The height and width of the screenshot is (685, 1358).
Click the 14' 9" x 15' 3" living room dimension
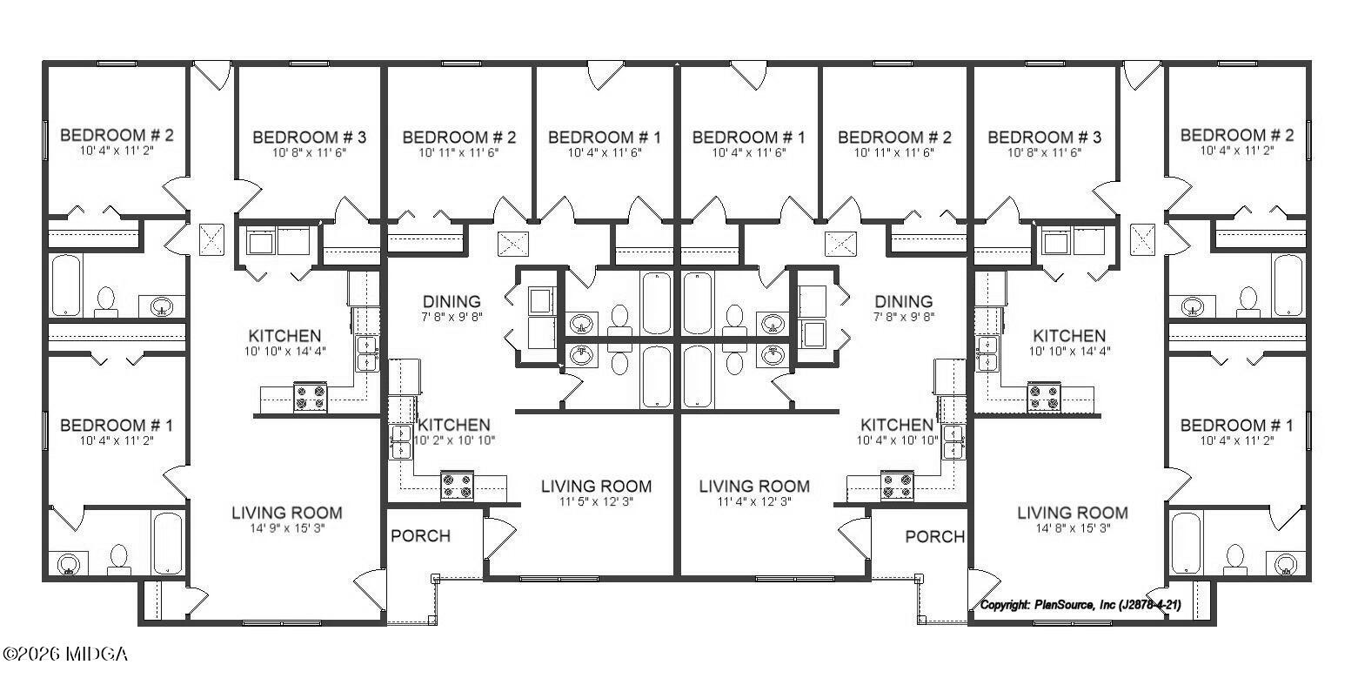coord(286,528)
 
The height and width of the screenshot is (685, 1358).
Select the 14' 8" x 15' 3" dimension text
coord(1072,528)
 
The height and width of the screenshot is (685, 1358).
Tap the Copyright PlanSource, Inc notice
coord(1080,605)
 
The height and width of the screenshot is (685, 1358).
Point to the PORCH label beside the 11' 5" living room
coord(420,536)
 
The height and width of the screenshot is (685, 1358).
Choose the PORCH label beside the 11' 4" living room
coord(934,536)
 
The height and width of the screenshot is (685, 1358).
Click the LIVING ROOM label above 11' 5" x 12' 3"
coord(596,486)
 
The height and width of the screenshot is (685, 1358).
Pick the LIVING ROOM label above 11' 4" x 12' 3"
coord(753,486)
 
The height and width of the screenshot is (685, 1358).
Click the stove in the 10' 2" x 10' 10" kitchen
coord(457,486)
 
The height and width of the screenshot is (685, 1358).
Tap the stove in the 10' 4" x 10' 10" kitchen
coord(897,486)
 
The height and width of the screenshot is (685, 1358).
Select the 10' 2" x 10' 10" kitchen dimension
coord(454,440)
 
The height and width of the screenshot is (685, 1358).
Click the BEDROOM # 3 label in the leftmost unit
coord(309,138)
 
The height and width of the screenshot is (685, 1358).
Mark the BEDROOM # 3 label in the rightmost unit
coord(1044,138)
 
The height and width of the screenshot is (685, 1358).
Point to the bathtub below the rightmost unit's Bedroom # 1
coord(1185,543)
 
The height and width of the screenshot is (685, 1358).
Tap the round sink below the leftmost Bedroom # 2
coord(162,306)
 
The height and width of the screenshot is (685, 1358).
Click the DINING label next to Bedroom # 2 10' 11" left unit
coord(452,302)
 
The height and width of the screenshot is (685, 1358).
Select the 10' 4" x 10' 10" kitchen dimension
coord(896,440)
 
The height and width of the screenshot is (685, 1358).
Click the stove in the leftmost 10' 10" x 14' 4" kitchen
coord(311,398)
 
